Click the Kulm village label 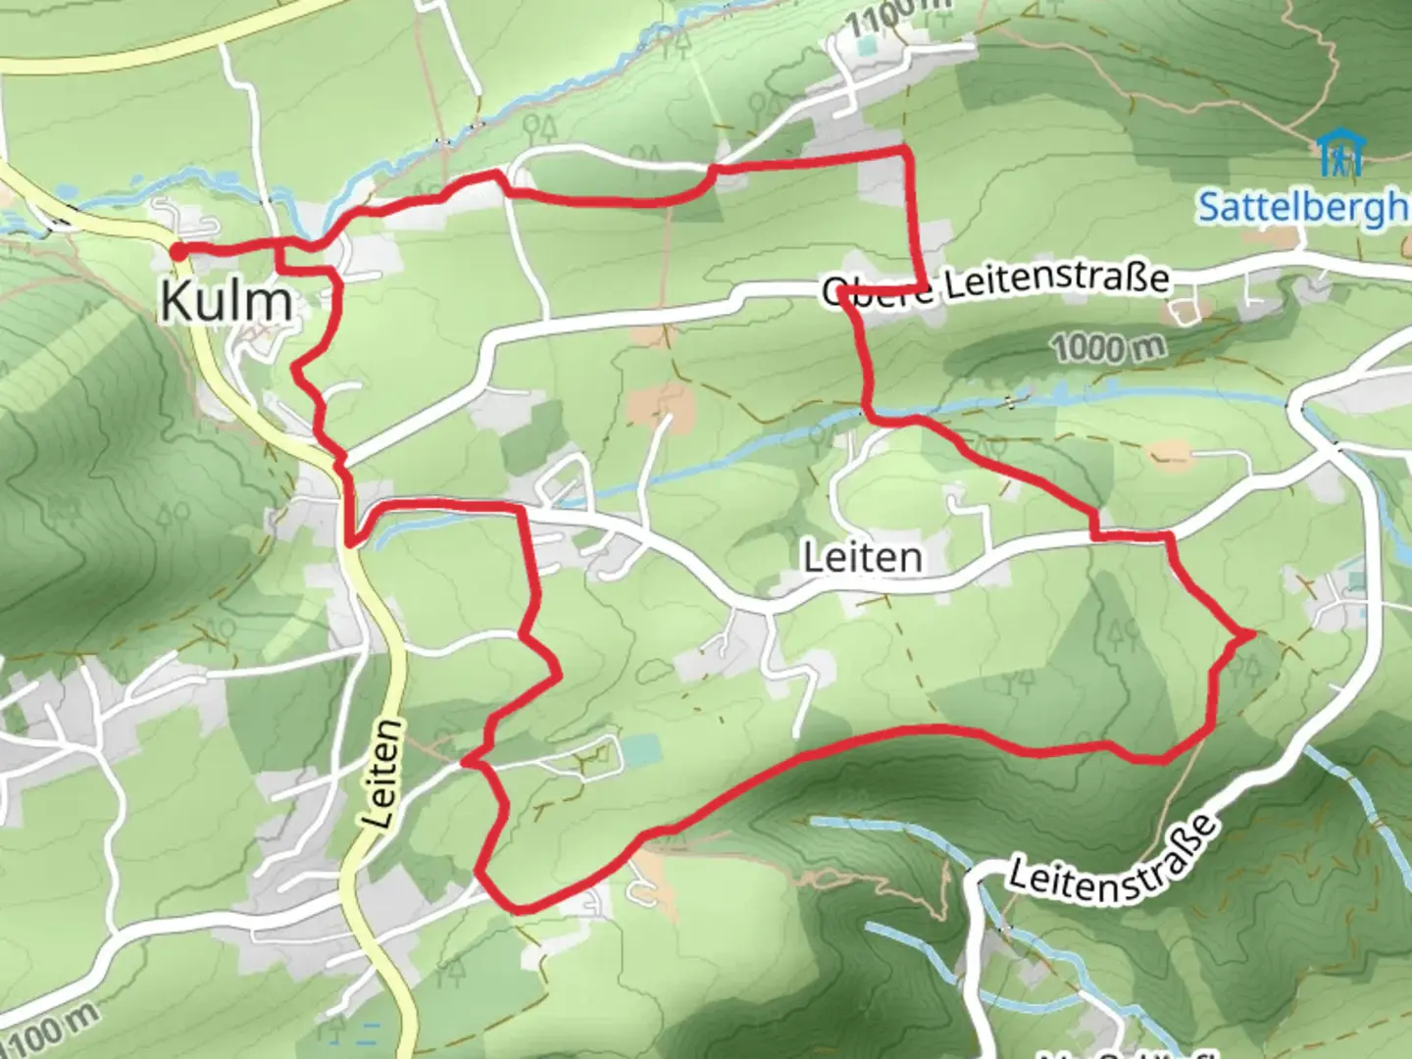[227, 300]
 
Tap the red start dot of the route [178, 252]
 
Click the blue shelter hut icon [1339, 152]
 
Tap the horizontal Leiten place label [863, 558]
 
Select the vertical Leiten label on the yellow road [384, 775]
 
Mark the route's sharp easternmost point [1252, 635]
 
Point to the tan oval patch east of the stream [1169, 453]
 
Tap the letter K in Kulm [177, 300]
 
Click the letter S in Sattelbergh [1211, 208]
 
